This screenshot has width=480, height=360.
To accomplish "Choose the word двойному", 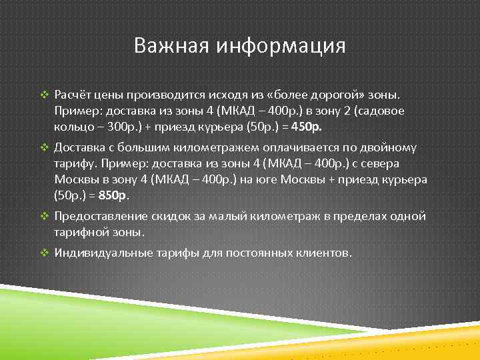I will click(x=402, y=147).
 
